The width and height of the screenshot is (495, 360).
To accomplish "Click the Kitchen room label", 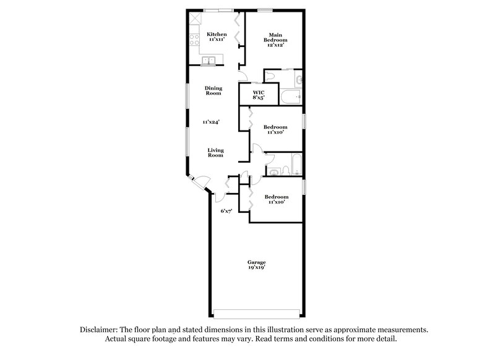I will pos(217,34).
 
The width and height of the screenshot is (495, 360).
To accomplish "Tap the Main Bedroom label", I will pos(276,38).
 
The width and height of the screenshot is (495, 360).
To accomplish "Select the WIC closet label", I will pos(259,92).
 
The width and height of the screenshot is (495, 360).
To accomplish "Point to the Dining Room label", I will pos(213,91).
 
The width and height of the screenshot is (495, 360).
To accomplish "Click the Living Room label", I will pos(215,153).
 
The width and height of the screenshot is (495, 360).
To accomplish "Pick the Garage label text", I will pos(257,262).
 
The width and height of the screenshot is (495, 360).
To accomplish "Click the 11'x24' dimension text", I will pos(212,122).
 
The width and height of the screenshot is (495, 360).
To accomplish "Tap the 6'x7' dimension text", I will pos(226,211).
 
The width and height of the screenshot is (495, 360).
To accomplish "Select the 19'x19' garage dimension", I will pos(257,268).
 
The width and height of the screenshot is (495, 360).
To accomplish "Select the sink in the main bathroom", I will pos(299,79).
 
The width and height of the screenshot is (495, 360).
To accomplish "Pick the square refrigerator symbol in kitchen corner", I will pos(195,17).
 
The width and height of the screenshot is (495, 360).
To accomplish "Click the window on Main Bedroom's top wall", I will pos(265,9).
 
